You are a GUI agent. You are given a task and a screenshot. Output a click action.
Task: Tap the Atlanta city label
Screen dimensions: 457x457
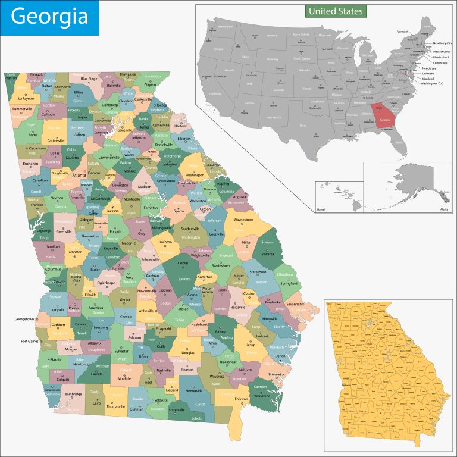point(79,176)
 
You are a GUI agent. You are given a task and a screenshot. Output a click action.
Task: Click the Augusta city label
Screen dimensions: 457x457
point(240,196)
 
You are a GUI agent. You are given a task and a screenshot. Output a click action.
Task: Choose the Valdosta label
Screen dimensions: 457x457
point(162,400)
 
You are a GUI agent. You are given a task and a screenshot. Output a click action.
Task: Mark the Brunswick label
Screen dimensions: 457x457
point(276,374)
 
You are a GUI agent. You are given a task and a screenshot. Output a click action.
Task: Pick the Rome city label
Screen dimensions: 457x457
point(33,134)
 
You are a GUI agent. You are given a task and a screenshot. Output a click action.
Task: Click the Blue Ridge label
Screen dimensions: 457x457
point(89,79)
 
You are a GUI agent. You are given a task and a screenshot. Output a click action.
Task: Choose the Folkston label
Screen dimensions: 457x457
point(242,399)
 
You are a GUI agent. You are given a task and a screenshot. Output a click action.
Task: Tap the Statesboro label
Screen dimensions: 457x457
point(258,273)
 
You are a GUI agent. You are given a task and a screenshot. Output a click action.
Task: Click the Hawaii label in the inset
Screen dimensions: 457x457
point(321,209)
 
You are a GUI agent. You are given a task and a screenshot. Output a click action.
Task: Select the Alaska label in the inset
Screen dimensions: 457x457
point(444,209)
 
